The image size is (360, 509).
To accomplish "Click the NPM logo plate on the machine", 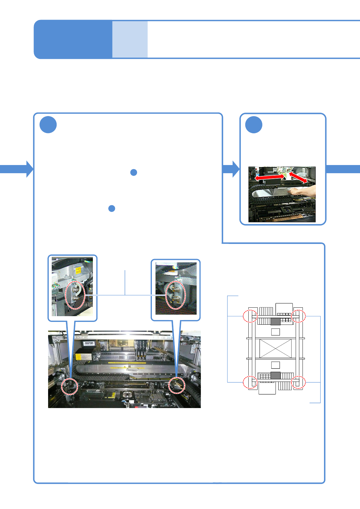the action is pos(89,343).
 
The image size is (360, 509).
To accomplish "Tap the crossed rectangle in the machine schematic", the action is pos(275,348).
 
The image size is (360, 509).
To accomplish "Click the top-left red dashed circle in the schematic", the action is pos(250,316).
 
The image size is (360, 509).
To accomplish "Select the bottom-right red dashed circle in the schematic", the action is pos(298,382).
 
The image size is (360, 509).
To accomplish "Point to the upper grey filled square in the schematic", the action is pos(275,322).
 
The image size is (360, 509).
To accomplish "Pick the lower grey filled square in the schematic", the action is pos(275,375).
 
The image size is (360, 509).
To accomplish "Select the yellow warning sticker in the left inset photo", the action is pos(78,270).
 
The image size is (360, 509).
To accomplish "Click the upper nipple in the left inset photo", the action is pos(76,290).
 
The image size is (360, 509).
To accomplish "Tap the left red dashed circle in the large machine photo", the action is pos(70,386).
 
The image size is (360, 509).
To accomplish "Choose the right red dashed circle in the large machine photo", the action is pos(177,385).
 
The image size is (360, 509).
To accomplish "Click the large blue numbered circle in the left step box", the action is pos(48,125).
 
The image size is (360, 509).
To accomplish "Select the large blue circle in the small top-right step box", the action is pos(254,125).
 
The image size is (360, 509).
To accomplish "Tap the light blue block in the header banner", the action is pos(130,39).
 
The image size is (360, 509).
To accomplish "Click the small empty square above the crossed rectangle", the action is pos(275,332).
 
